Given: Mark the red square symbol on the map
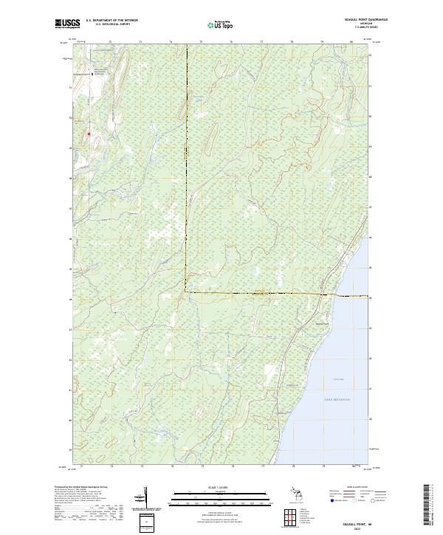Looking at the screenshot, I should (x=89, y=134).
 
